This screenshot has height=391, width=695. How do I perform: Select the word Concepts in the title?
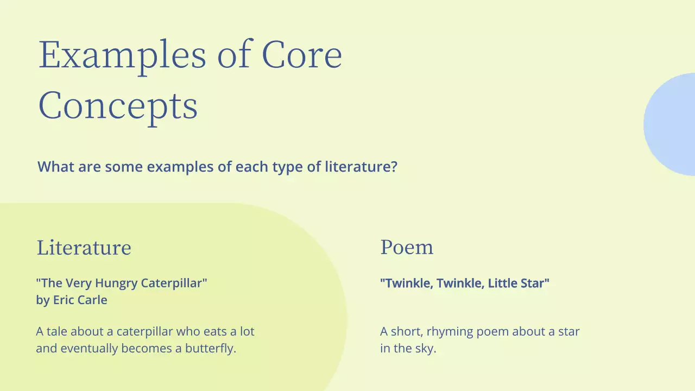118,106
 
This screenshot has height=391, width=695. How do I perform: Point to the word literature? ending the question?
361,167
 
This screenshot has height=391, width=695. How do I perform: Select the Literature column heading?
84,248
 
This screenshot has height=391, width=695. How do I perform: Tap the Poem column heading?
407,247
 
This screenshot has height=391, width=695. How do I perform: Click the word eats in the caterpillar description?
214,331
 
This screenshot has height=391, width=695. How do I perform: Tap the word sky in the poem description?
425,349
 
